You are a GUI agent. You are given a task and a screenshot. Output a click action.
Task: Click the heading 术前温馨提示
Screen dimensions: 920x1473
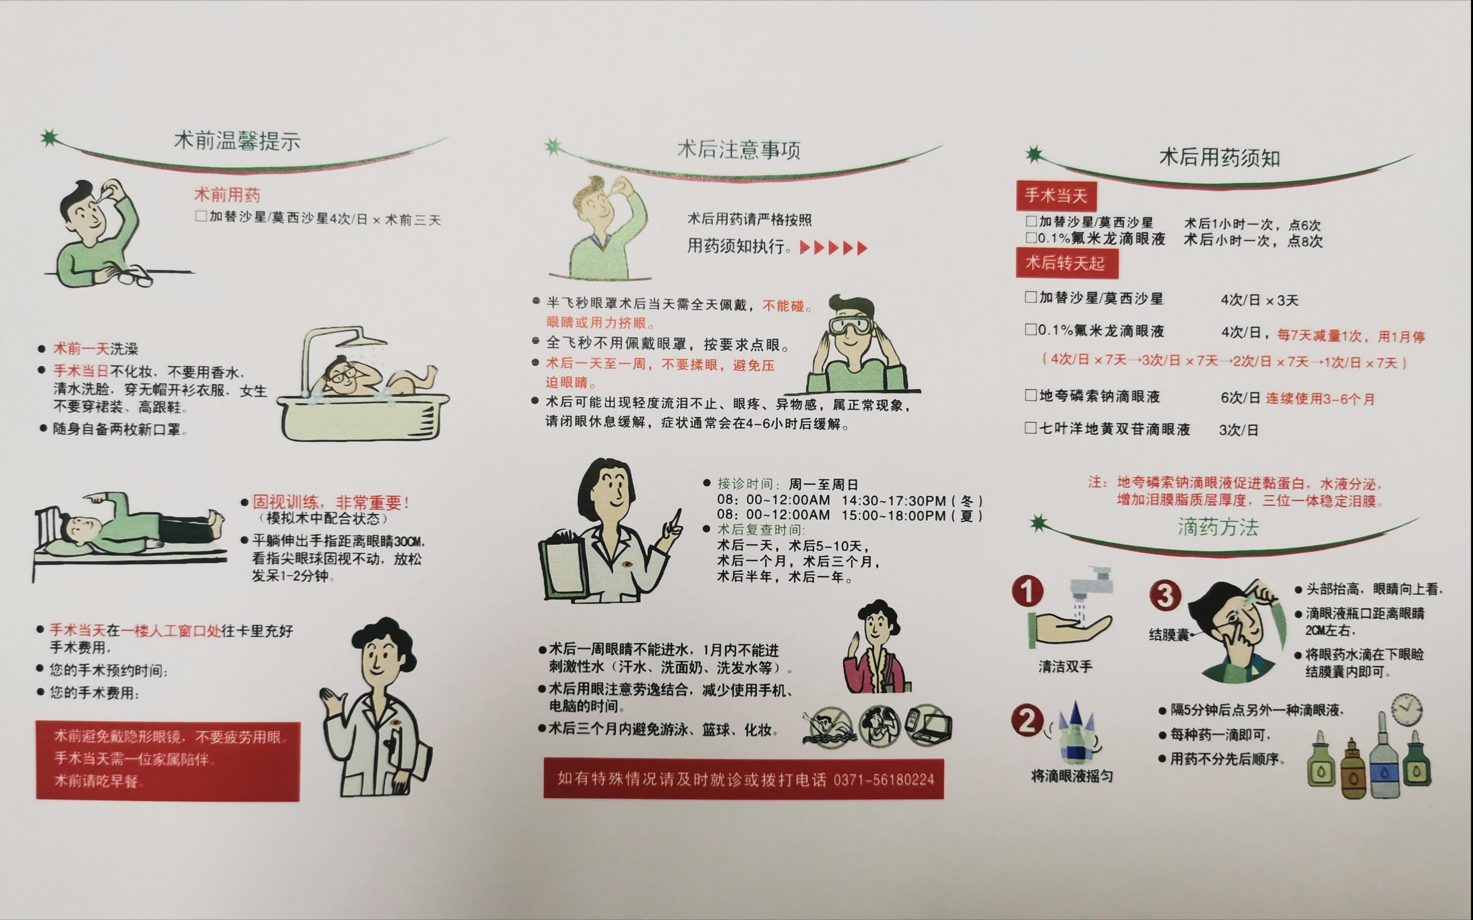click(237, 141)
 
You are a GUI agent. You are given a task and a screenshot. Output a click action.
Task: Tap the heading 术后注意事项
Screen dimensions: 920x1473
click(739, 150)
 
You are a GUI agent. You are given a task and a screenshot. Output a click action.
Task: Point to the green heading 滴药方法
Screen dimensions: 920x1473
click(1217, 527)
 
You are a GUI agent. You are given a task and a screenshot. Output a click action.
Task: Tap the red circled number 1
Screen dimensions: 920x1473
click(1027, 591)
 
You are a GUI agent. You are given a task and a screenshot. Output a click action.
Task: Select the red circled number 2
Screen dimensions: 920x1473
click(1027, 721)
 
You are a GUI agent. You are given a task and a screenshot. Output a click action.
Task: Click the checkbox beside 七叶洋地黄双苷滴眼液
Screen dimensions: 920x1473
click(1031, 428)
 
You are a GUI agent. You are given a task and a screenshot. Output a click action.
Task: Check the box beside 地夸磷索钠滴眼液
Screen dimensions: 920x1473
click(1031, 395)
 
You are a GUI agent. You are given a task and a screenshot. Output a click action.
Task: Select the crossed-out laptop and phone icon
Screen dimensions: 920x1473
click(928, 725)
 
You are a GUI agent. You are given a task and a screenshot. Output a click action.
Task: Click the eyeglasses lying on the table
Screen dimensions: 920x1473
click(135, 277)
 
